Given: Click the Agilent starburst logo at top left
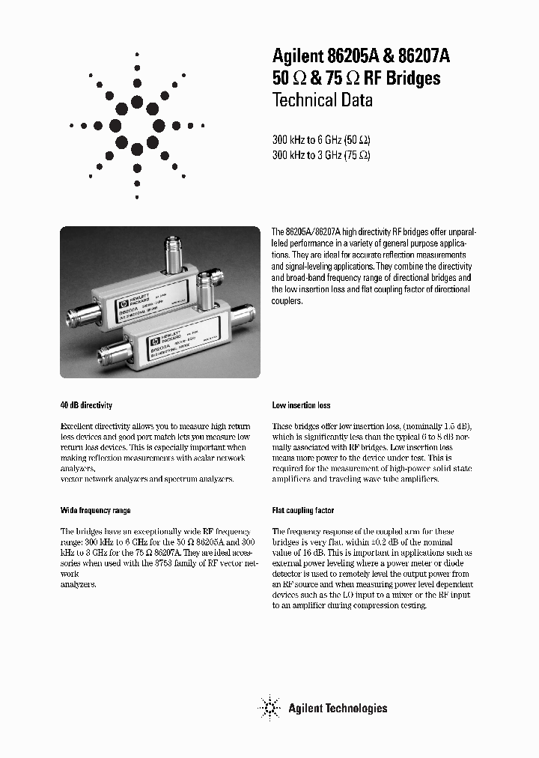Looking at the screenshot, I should (137, 126).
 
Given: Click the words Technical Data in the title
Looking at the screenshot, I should (322, 100).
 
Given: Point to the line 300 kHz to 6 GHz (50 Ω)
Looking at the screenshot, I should (321, 139).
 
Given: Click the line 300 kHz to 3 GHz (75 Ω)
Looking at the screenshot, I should (321, 155).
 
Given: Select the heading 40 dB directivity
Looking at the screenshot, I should (86, 405).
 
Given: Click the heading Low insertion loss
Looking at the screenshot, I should (301, 405).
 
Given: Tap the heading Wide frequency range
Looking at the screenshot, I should (95, 510).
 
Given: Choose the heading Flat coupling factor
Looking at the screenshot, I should (303, 510).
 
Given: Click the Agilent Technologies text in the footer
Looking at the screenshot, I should (338, 708).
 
